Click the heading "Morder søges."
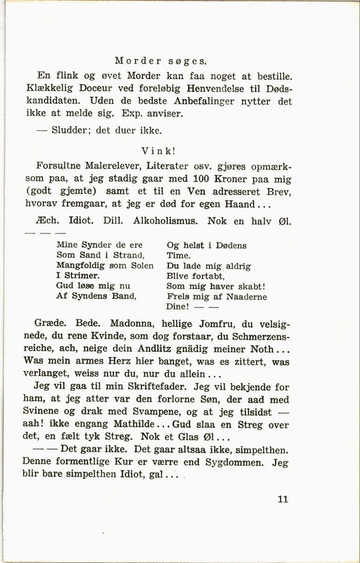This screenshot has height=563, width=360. pyautogui.click(x=160, y=60)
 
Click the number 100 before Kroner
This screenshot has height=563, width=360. pyautogui.click(x=203, y=178)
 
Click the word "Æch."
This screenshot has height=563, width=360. pyautogui.click(x=47, y=221)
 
